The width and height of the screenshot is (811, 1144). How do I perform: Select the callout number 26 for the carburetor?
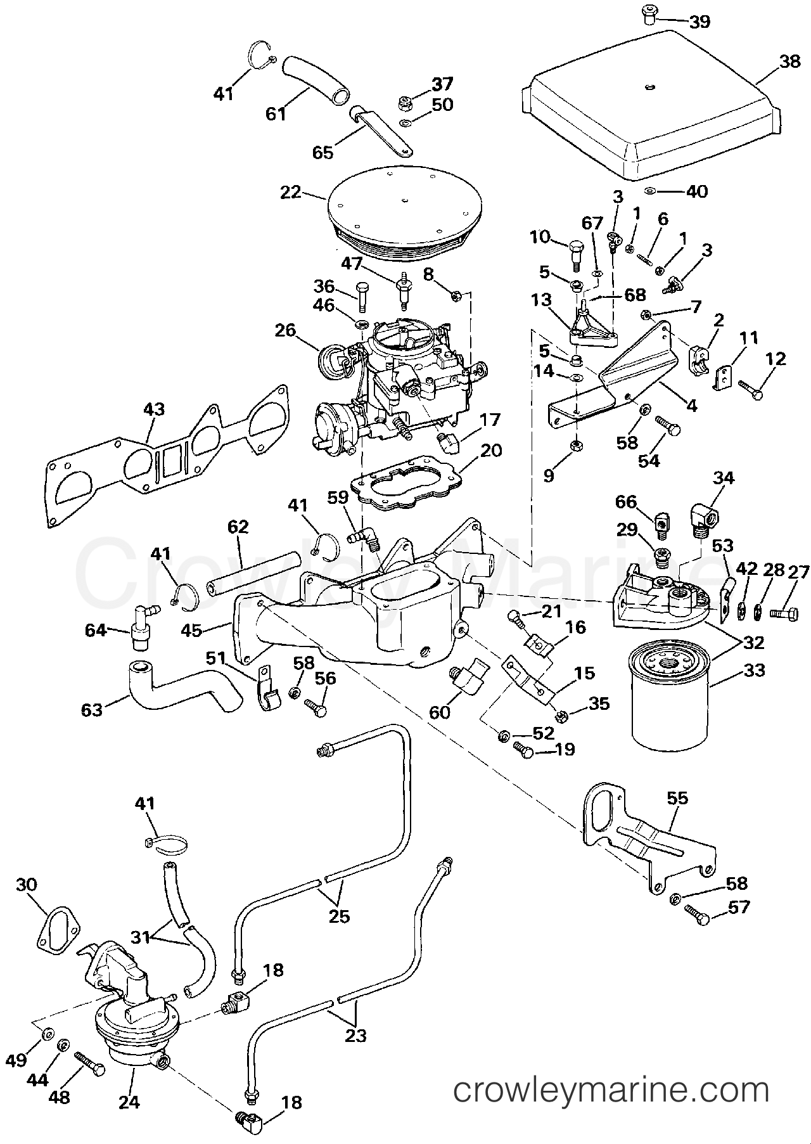(x=285, y=330)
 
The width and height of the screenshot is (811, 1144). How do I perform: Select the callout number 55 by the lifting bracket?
(x=677, y=798)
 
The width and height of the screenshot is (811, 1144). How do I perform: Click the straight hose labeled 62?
(x=253, y=574)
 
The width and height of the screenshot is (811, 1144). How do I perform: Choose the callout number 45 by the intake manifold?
(x=191, y=630)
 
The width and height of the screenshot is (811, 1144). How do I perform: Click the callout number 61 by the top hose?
(x=276, y=114)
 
